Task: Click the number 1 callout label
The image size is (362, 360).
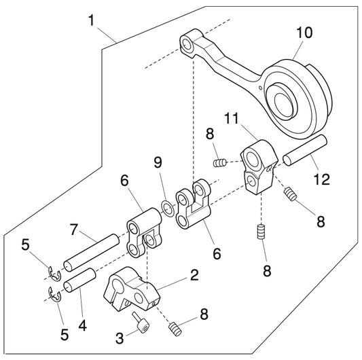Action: (91, 20)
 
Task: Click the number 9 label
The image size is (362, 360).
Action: (158, 163)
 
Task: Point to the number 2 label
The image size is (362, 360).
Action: (194, 276)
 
